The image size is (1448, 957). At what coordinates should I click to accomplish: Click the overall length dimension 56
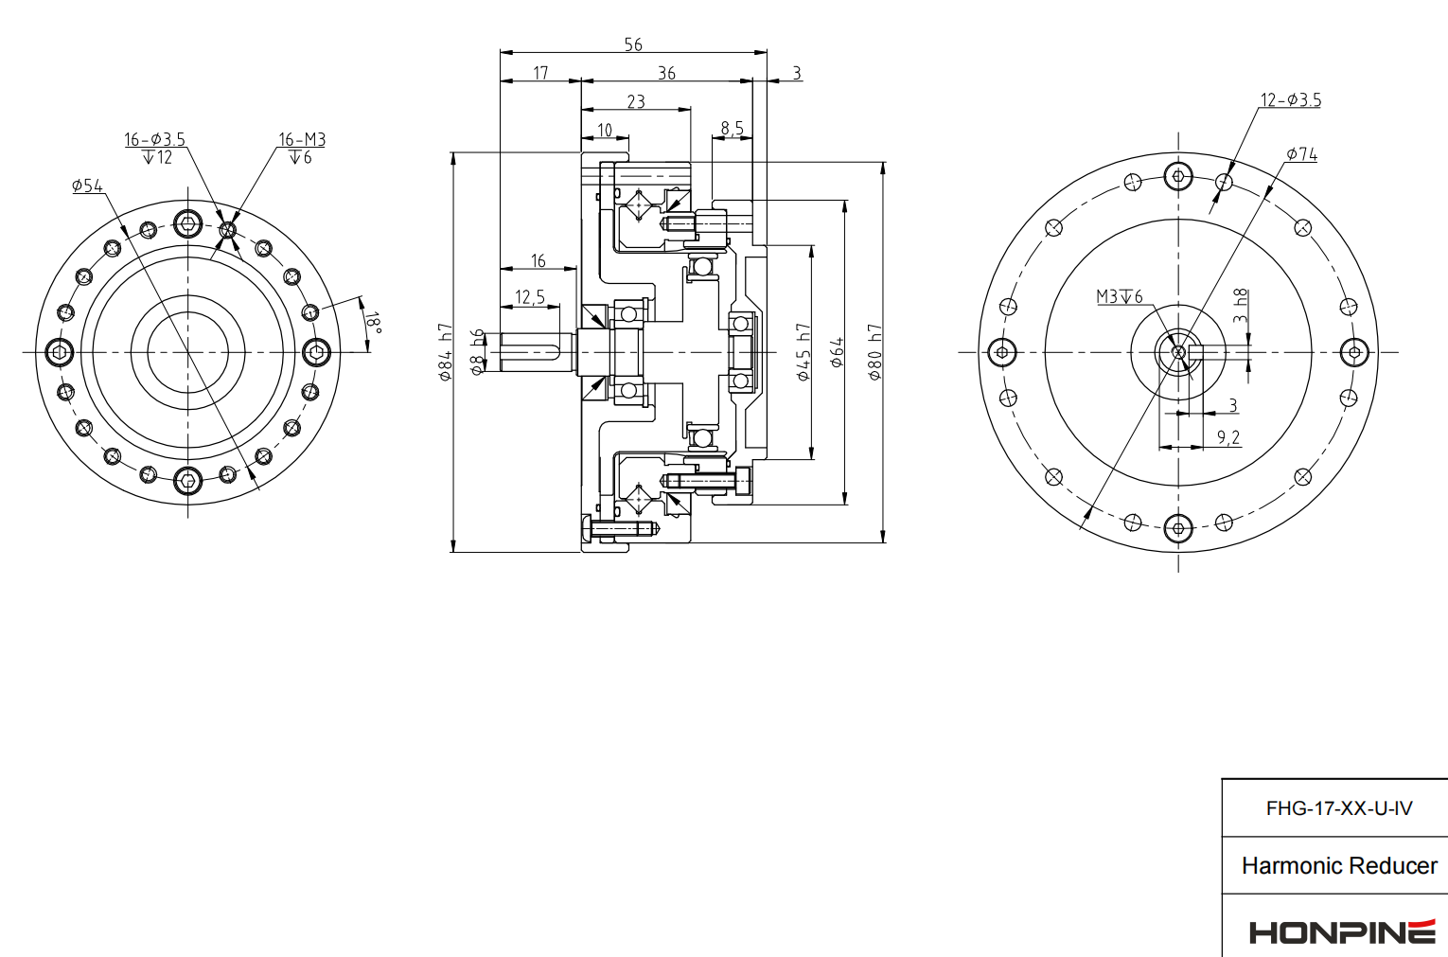[633, 44]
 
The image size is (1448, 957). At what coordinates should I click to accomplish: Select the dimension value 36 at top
[666, 73]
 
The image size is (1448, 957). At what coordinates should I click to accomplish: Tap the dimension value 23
[636, 101]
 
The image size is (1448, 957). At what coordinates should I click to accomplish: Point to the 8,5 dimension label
[732, 128]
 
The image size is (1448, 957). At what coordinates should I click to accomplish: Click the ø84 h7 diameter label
[446, 352]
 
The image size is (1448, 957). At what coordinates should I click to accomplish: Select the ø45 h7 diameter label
[803, 352]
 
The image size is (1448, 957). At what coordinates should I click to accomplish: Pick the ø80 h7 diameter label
[874, 352]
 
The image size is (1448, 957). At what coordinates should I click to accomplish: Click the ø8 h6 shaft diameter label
[478, 351]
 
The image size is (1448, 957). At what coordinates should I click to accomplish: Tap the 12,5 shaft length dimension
[530, 297]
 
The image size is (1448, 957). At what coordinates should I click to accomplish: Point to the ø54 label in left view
[87, 186]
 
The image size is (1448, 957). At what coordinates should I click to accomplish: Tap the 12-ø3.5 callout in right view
[1290, 100]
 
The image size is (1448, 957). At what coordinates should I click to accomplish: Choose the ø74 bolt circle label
[1301, 153]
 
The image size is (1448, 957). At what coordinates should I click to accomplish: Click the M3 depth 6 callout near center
[1120, 296]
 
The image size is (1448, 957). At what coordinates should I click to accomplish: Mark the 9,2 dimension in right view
[1227, 437]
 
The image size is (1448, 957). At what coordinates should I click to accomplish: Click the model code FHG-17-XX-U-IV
[1338, 808]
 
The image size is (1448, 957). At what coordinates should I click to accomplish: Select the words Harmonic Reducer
[1338, 865]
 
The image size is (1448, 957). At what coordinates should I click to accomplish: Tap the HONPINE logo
[1341, 931]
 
